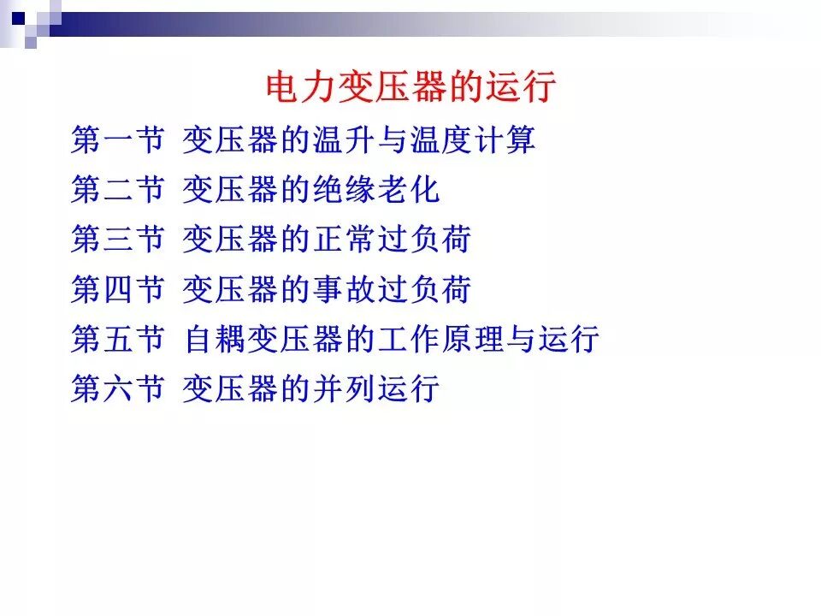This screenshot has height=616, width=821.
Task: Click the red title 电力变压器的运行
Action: click(411, 88)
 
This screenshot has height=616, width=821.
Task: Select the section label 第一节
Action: click(117, 139)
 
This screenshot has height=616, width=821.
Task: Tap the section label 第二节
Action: click(117, 190)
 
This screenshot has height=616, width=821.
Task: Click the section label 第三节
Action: click(117, 240)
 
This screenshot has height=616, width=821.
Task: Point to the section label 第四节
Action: click(117, 290)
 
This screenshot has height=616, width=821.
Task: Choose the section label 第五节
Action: click(117, 340)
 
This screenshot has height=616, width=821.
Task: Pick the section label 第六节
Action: click(117, 389)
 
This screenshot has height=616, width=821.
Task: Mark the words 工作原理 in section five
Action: click(440, 340)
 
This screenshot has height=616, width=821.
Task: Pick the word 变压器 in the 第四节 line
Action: click(231, 290)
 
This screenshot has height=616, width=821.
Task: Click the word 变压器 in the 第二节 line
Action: click(231, 190)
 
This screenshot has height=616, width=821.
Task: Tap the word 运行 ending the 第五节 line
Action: click(569, 340)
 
